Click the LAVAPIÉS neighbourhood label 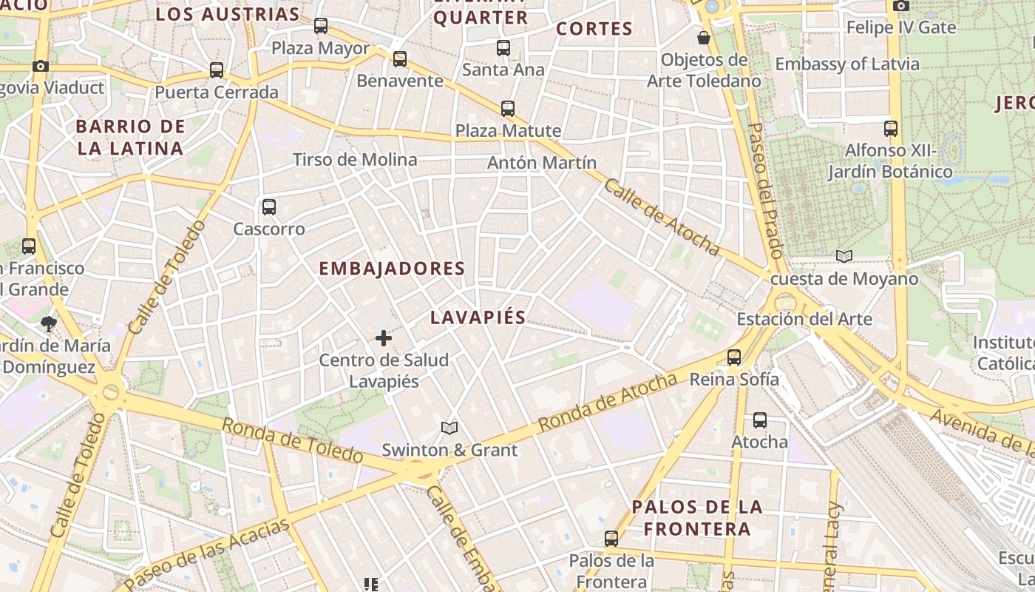point(478,318)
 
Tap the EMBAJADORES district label point(392,269)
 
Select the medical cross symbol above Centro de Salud point(384,338)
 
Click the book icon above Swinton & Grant point(449,428)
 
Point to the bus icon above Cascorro point(269,207)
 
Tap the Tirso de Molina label point(355,160)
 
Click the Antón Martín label point(542,163)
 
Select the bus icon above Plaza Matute point(508,109)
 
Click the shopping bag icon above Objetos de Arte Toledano point(704,37)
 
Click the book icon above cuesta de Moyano point(844,256)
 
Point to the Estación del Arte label point(804,320)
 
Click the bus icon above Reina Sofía point(734,357)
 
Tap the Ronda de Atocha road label point(608,403)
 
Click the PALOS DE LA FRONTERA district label point(696,518)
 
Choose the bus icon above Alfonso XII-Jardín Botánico point(891,129)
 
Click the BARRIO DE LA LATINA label point(130,137)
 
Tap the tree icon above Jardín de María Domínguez point(49,323)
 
